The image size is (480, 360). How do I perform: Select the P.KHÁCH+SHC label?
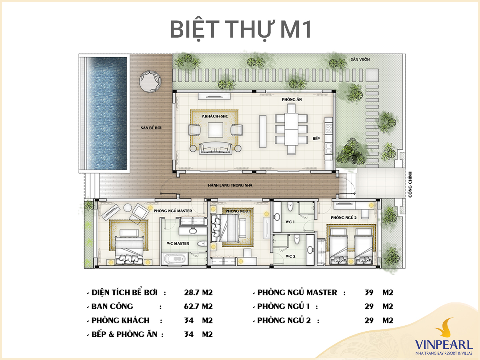(x=215, y=116)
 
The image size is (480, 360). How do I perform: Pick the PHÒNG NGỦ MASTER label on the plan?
(x=173, y=211)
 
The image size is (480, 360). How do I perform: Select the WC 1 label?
(x=290, y=222)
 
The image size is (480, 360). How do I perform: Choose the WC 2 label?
(x=290, y=256)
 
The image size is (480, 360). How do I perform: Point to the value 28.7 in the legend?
(x=192, y=293)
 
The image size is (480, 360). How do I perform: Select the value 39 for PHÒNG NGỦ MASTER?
(x=369, y=293)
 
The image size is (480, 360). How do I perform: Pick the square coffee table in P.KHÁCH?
(x=216, y=129)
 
